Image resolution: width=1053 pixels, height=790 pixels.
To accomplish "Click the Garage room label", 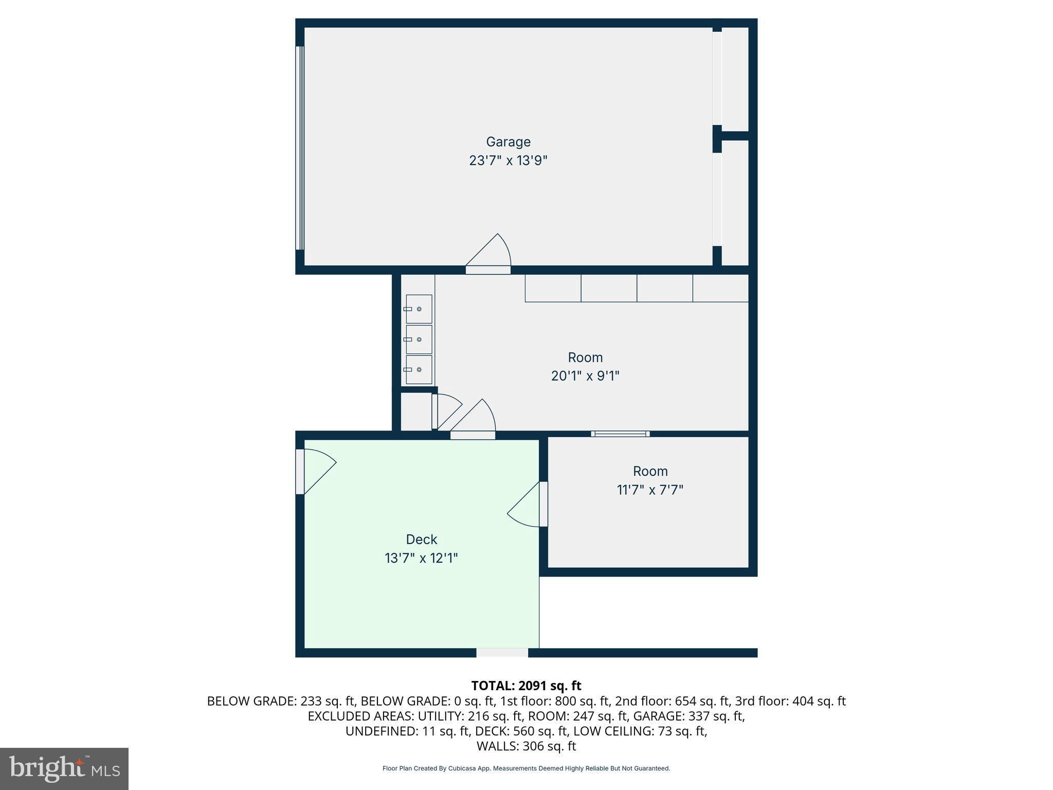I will pyautogui.click(x=508, y=141).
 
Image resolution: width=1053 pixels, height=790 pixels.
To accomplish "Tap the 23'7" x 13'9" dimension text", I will pyautogui.click(x=508, y=160).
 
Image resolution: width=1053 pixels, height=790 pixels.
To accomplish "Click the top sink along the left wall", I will pyautogui.click(x=419, y=309).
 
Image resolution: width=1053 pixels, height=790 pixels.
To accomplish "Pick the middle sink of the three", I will pyautogui.click(x=419, y=339).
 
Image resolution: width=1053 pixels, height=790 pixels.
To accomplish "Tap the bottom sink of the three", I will pyautogui.click(x=419, y=369).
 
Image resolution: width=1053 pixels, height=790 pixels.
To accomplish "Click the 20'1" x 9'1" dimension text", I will pyautogui.click(x=585, y=376).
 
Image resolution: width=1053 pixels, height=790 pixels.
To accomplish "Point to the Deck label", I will pyautogui.click(x=421, y=539).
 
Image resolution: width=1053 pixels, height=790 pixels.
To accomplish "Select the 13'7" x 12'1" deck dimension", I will pyautogui.click(x=421, y=558).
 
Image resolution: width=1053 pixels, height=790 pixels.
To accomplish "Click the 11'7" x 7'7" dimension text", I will pyautogui.click(x=650, y=490).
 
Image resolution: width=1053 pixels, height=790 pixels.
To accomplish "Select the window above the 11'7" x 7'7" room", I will pyautogui.click(x=620, y=434).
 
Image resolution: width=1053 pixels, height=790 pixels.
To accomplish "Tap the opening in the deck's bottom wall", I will pyautogui.click(x=502, y=653).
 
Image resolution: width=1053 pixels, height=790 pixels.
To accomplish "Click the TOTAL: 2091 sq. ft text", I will pyautogui.click(x=526, y=686).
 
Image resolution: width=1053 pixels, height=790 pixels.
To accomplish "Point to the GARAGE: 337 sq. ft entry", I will pyautogui.click(x=688, y=716).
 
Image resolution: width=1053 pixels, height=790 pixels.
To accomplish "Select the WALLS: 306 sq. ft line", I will pyautogui.click(x=526, y=746).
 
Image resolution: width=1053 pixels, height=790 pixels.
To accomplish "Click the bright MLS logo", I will pyautogui.click(x=64, y=768).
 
